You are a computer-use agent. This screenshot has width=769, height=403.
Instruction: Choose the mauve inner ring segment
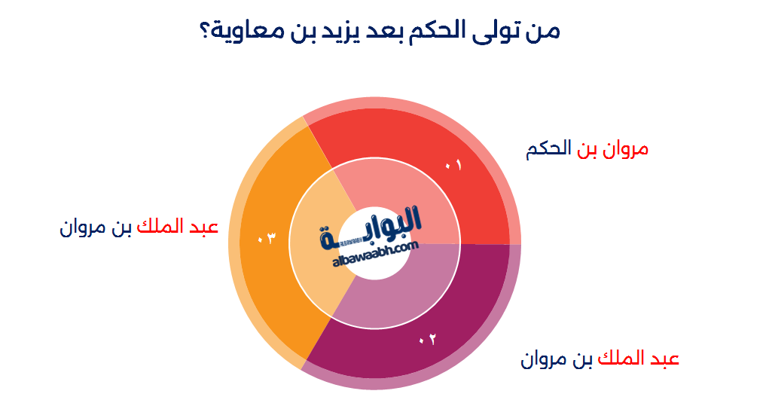point(407,294)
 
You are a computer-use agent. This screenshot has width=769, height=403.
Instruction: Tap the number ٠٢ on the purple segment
point(427,340)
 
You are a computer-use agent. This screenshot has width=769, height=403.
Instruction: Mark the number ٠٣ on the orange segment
point(267,239)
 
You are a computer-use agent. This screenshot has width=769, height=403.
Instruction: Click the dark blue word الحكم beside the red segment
point(548,149)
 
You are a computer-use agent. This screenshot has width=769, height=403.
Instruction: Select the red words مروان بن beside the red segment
point(612,149)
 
